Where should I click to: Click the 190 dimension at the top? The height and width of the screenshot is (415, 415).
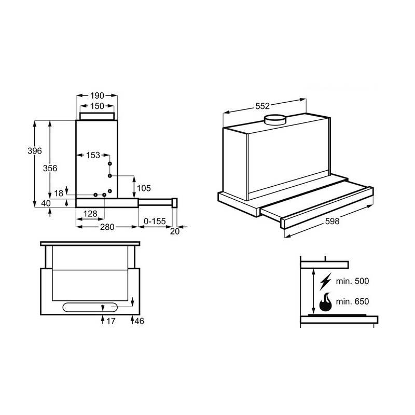97,95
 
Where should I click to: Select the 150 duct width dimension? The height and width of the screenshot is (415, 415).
97,106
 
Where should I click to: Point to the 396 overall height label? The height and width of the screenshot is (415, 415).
34,151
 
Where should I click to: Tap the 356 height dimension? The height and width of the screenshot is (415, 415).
50,168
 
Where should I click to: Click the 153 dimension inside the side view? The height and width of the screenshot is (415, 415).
93,155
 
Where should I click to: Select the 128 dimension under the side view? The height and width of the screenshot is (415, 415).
90,214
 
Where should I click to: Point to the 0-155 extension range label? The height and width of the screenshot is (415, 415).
154,222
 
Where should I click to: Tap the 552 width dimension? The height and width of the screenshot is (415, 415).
262,106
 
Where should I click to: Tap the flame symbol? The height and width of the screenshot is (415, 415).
326,302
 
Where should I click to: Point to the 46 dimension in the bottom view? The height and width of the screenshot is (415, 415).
139,322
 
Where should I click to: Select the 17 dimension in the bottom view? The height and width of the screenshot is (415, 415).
110,322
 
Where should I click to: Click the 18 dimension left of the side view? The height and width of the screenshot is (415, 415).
59,193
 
